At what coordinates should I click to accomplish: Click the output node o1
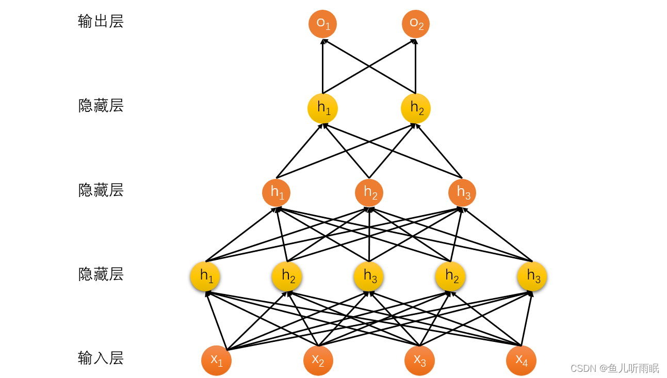pyautogui.click(x=322, y=24)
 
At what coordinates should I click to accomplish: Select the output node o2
pyautogui.click(x=416, y=24)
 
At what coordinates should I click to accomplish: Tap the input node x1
pyautogui.click(x=216, y=360)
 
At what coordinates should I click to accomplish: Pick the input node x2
pyautogui.click(x=318, y=360)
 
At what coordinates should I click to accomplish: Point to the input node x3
pyautogui.click(x=419, y=360)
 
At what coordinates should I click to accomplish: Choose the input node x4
pyautogui.click(x=521, y=360)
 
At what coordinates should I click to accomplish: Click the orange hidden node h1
pyautogui.click(x=276, y=193)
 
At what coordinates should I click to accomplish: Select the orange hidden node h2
pyautogui.click(x=369, y=193)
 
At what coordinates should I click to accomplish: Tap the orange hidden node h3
pyautogui.click(x=462, y=193)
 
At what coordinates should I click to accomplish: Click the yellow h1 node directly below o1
pyautogui.click(x=322, y=108)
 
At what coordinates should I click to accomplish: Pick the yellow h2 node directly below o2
pyautogui.click(x=416, y=108)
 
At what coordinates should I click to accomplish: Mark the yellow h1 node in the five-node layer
pyautogui.click(x=205, y=276)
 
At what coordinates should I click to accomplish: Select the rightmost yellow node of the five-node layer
pyautogui.click(x=532, y=276)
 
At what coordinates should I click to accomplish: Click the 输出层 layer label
pyautogui.click(x=101, y=22)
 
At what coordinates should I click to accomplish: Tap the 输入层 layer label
pyautogui.click(x=101, y=358)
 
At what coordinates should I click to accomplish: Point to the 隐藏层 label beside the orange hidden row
pyautogui.click(x=101, y=190)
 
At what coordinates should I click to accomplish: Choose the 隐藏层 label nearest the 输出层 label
pyautogui.click(x=101, y=106)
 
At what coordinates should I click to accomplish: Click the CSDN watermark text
pyautogui.click(x=614, y=368)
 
